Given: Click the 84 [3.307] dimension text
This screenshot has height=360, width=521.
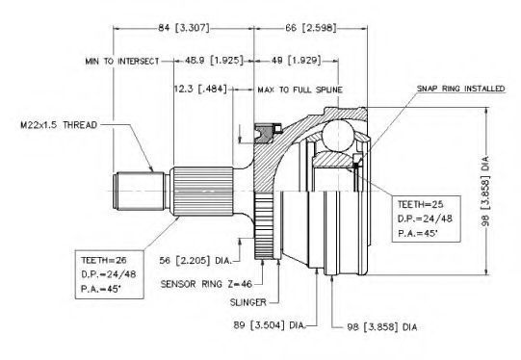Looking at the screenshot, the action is pos(184,28).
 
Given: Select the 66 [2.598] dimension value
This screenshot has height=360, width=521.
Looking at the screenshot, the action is pos(311,28).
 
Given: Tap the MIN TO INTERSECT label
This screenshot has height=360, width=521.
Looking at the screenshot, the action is pos(122,62).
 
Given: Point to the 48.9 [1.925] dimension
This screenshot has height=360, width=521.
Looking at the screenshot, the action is pos(214,61).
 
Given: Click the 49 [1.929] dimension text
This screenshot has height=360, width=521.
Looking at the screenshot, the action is pos(297,61).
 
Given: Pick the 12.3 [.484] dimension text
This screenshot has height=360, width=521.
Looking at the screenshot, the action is pos(200,89).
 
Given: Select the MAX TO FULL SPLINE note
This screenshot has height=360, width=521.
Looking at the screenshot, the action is pos(300,90).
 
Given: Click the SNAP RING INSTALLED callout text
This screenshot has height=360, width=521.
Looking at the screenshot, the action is pos(460,89).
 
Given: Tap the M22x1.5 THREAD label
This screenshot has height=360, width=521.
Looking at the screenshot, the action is pos(59,125).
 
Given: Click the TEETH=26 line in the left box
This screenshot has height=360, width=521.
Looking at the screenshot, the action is pos(104,260).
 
